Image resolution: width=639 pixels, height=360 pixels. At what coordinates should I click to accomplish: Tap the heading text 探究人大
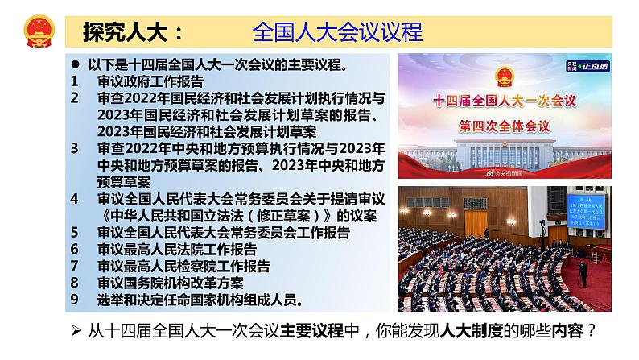point(128,31)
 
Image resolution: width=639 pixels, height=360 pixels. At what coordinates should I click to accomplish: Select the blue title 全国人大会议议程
point(337,31)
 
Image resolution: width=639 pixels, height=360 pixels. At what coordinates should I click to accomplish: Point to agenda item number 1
point(74,81)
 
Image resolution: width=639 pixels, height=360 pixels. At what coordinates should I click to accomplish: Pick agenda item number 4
point(74,199)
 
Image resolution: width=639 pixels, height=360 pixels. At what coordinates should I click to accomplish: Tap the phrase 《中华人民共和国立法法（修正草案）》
point(217,216)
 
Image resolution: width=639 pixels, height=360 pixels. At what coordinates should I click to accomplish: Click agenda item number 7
point(74,267)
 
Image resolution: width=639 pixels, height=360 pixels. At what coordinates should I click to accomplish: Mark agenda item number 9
point(74,300)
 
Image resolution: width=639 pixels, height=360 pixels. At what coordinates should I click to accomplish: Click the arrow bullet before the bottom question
point(74,332)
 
